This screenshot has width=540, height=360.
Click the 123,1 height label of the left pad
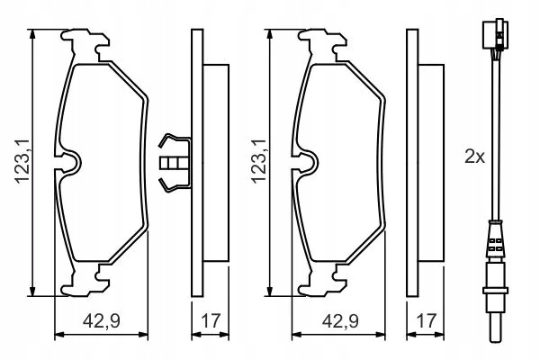[22, 161]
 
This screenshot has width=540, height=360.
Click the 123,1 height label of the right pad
[258, 161]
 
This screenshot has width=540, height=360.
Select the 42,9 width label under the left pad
[101, 321]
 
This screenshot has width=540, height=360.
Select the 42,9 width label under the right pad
[340, 321]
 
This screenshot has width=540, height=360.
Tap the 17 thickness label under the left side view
[210, 321]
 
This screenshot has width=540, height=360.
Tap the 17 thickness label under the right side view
[426, 321]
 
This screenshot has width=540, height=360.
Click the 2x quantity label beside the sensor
[474, 157]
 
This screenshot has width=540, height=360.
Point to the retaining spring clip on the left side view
[175, 162]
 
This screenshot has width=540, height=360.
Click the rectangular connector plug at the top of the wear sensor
[496, 33]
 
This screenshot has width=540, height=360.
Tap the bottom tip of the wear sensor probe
[496, 341]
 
